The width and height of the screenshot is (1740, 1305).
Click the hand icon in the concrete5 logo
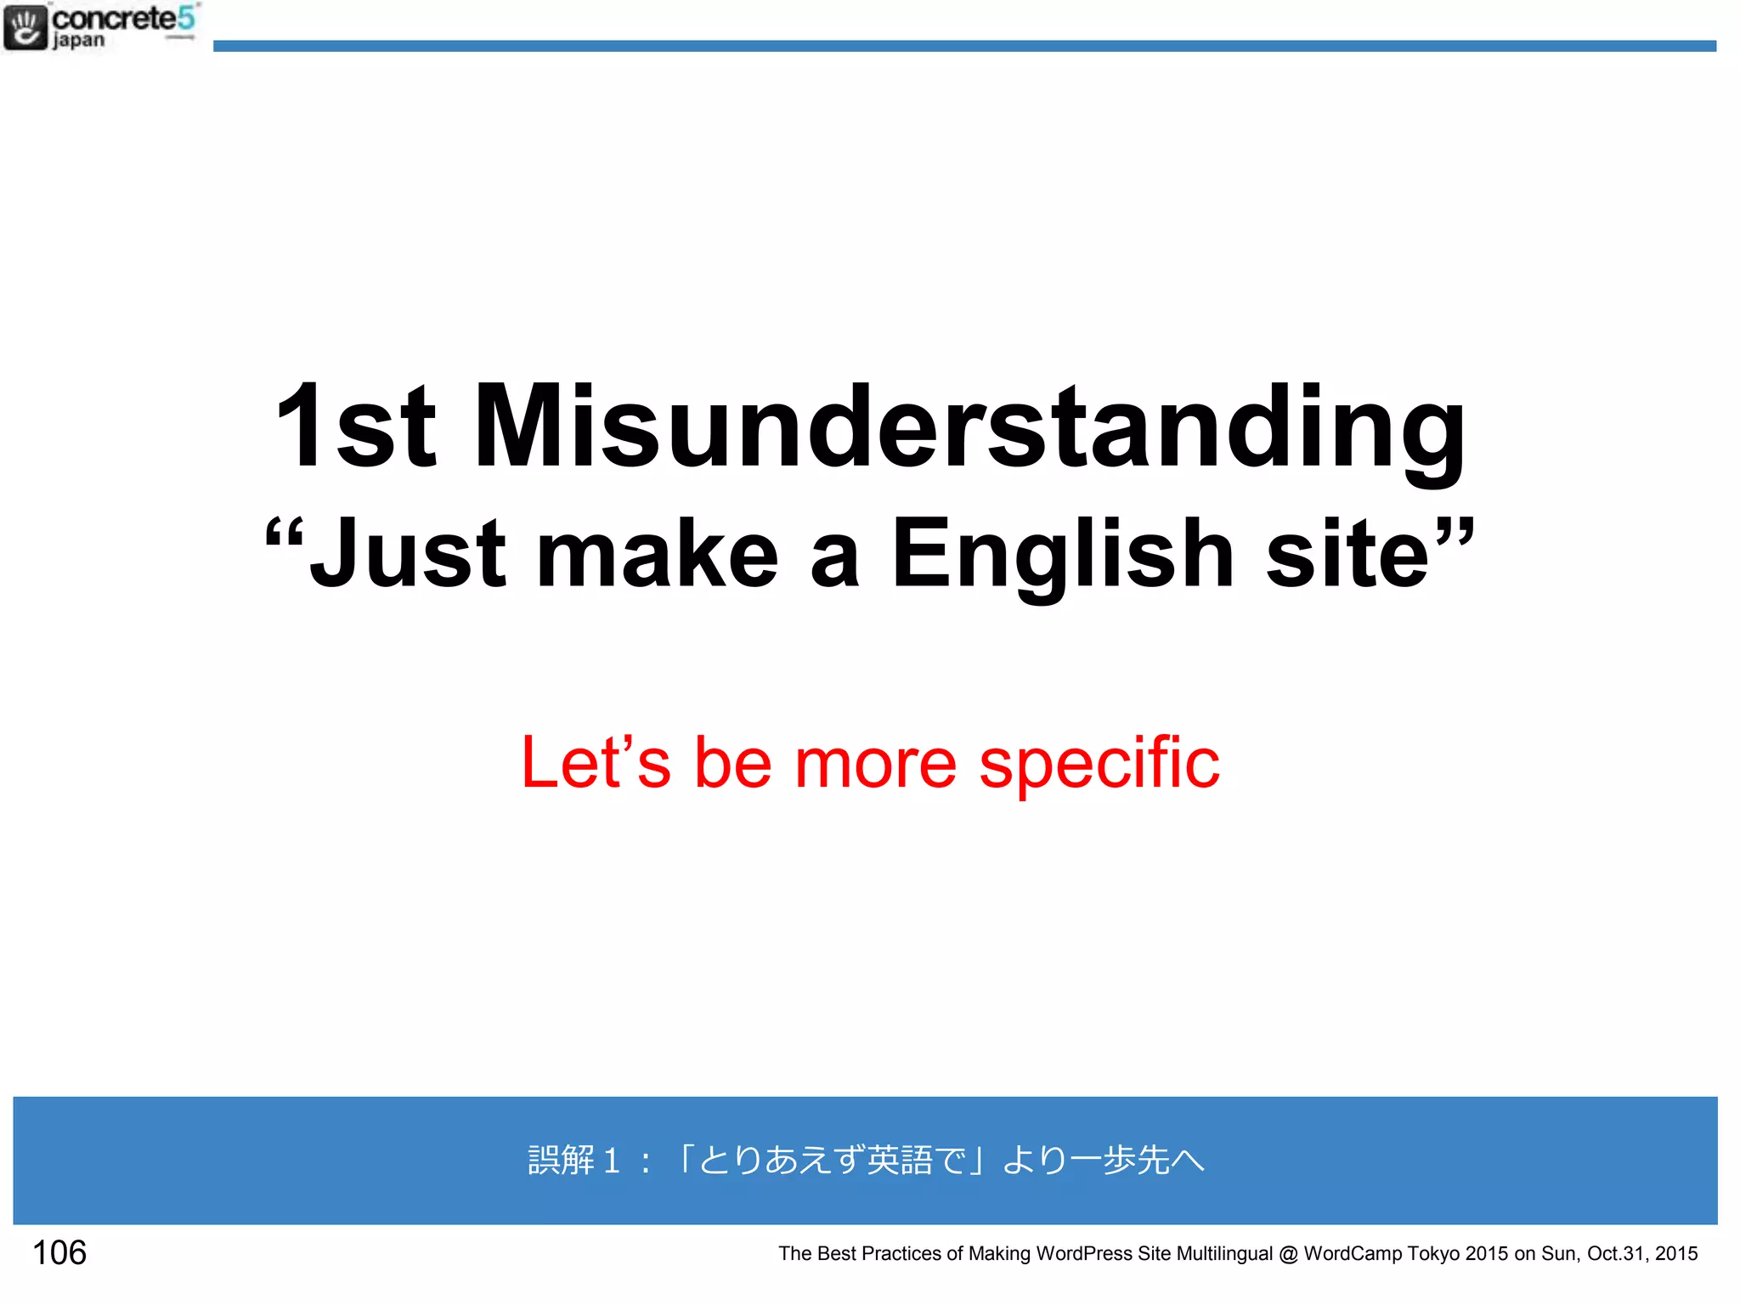click(25, 27)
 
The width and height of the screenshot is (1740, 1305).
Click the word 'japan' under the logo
click(78, 41)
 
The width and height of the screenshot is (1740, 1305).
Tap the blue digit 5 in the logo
click(186, 18)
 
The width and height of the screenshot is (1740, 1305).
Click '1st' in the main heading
click(355, 427)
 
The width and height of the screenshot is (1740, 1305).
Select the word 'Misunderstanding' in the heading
click(969, 427)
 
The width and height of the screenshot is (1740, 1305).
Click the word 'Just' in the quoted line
click(408, 554)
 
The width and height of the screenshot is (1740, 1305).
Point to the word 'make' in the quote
click(657, 554)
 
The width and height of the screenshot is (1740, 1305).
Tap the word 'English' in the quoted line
click(1061, 554)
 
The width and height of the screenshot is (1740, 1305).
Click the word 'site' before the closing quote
click(1347, 554)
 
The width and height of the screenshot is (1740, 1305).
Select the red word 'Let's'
click(596, 763)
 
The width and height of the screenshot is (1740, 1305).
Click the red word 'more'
click(875, 763)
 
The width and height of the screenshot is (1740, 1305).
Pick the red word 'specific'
click(1099, 763)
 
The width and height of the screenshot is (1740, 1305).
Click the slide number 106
click(59, 1252)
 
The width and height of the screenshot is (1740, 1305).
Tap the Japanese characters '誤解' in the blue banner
click(561, 1160)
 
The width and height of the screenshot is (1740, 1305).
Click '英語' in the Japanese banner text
click(900, 1160)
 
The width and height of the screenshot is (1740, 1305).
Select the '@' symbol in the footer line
click(1288, 1254)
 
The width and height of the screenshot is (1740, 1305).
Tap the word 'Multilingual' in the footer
click(1224, 1254)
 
